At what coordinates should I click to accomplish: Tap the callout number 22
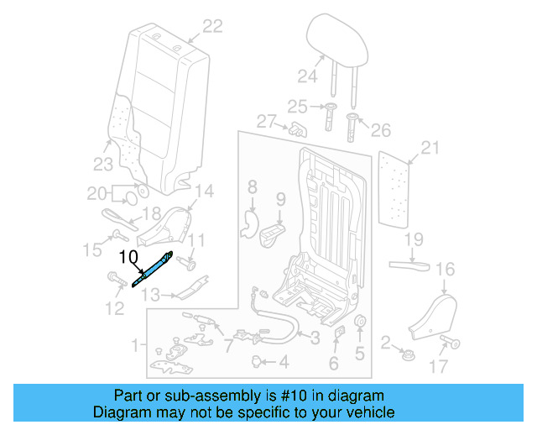coord(212,27)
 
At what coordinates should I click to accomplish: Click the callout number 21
coord(430,149)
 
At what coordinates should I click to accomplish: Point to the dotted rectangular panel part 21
coord(395,189)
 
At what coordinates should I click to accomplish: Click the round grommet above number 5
coord(361,324)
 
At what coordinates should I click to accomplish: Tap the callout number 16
coord(445,269)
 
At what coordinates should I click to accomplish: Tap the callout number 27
coord(267,122)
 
